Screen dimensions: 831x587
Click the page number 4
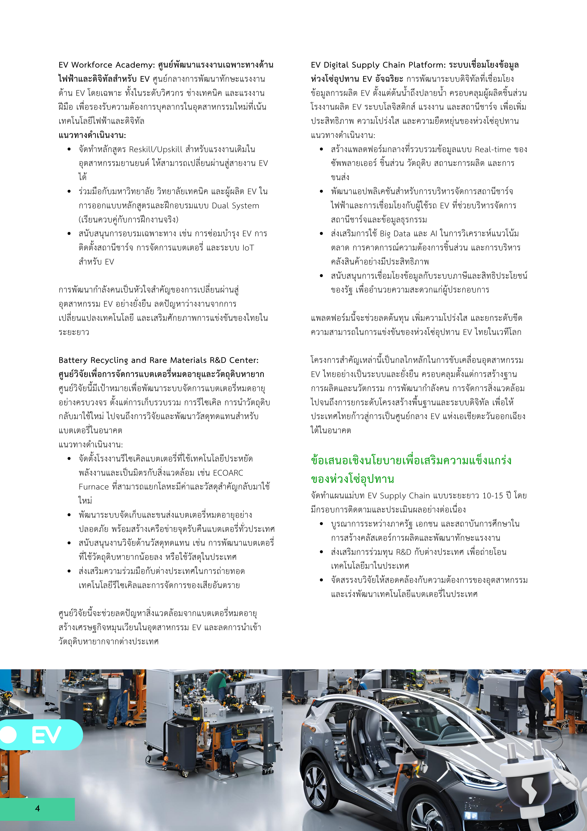coord(37,808)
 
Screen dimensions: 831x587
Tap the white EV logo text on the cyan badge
coord(46,735)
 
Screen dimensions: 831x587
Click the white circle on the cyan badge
coord(8,735)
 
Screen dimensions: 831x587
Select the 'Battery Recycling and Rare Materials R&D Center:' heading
coord(158,360)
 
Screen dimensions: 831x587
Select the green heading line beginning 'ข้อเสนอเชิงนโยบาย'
coord(411,461)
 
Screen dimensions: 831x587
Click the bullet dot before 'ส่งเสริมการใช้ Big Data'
coord(321,234)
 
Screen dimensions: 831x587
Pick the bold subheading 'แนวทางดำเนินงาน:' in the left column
coord(92,135)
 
